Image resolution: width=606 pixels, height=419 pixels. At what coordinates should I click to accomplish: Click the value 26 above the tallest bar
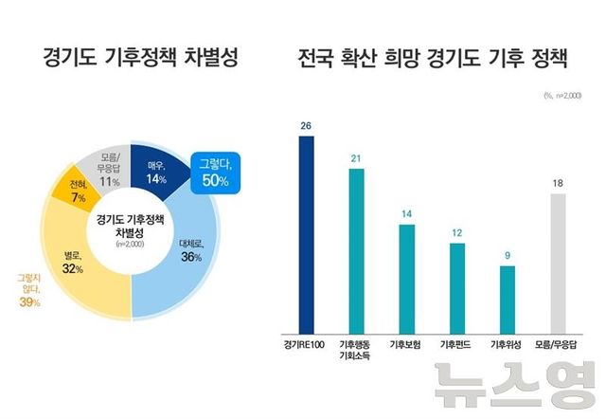point(305,125)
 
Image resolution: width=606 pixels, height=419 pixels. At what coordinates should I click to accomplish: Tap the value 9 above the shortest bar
point(508,254)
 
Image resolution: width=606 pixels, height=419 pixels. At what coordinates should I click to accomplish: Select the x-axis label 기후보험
point(407,342)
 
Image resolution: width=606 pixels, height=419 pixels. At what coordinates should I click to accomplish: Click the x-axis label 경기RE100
point(305,342)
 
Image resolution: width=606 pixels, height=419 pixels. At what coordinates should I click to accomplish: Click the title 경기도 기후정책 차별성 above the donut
point(139,59)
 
